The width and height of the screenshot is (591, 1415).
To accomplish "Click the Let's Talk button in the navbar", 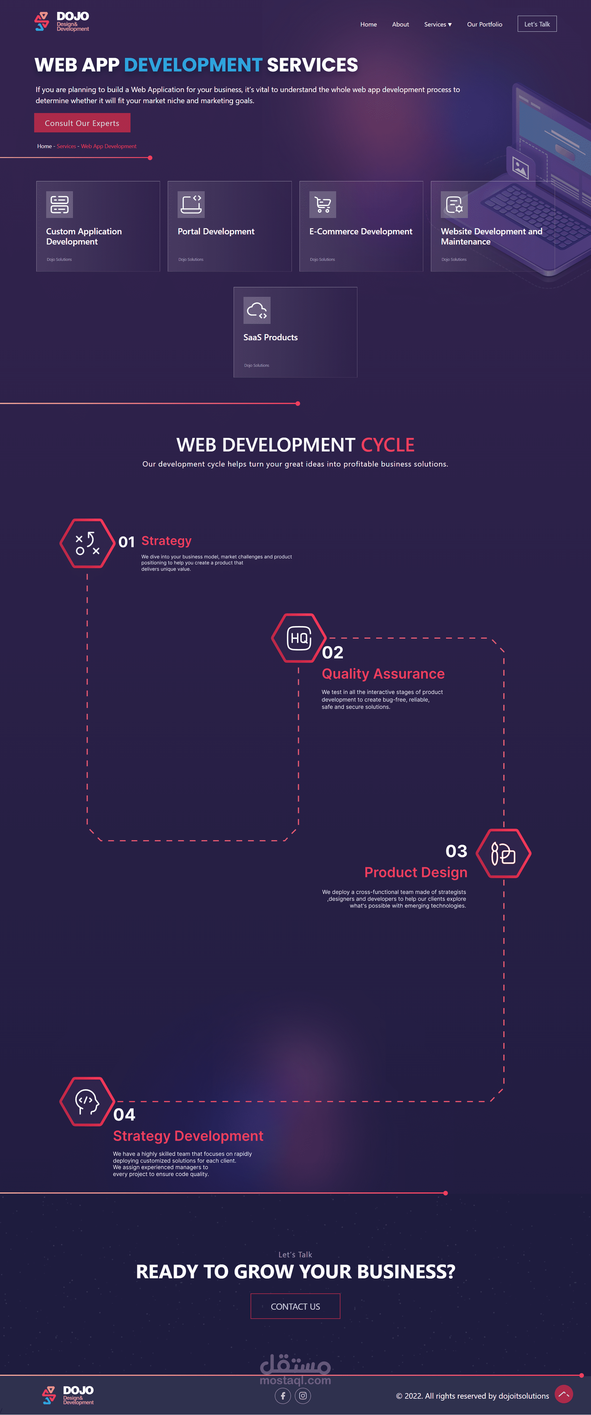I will tap(537, 24).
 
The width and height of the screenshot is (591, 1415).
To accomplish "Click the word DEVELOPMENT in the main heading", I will tap(193, 65).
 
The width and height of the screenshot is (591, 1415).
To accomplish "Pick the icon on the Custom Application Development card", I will tap(59, 204).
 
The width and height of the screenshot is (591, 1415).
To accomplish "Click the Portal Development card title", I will tap(216, 231).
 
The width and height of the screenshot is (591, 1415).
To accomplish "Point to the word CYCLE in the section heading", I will tap(387, 444).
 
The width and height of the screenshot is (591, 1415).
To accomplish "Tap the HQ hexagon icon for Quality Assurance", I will tap(299, 638).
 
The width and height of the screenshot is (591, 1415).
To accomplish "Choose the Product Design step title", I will tap(416, 872).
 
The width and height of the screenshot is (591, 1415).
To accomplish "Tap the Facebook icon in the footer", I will tap(283, 1395).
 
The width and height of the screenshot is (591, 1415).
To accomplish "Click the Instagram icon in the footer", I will tap(303, 1395).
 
